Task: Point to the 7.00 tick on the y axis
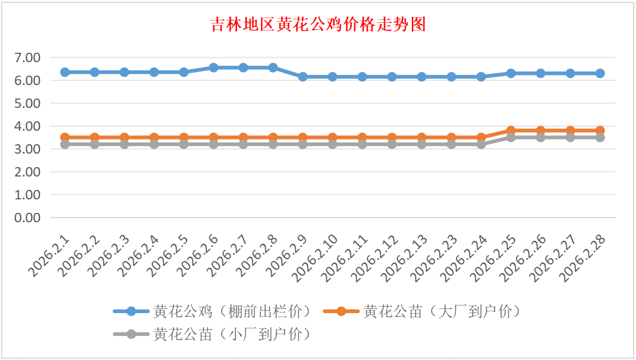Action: (x=28, y=57)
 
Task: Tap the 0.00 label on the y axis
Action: (x=28, y=218)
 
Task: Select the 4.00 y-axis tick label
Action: (x=28, y=126)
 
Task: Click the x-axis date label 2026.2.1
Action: (x=49, y=256)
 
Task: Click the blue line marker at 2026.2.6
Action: (x=214, y=67)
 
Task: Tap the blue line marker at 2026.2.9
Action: (x=303, y=77)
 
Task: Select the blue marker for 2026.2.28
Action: (x=600, y=73)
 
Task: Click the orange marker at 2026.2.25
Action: (x=511, y=131)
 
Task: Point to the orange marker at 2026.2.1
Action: (x=65, y=137)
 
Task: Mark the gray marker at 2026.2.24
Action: (x=481, y=144)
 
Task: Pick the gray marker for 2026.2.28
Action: (x=600, y=137)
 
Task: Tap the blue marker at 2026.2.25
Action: (x=511, y=73)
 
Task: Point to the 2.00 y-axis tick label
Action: (x=28, y=172)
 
